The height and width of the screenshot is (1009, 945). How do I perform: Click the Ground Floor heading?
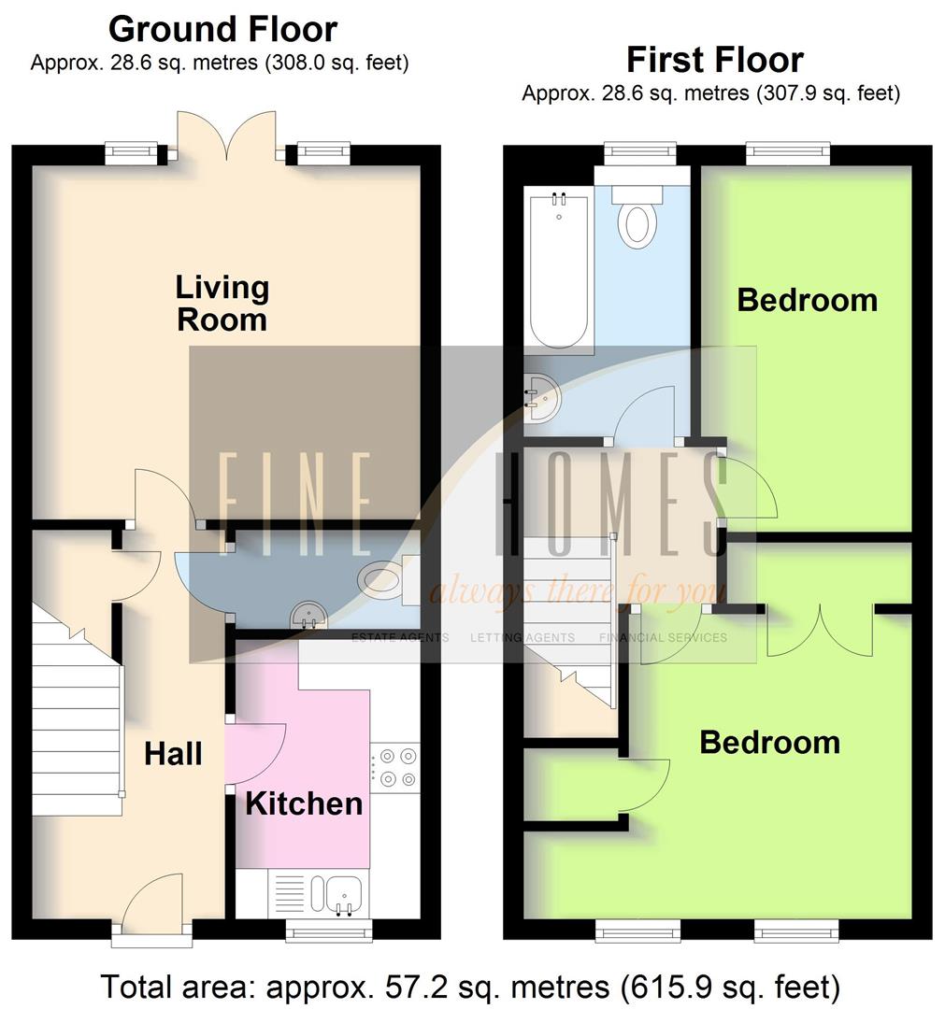[222, 30]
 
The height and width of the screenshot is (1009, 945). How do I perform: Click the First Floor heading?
[714, 60]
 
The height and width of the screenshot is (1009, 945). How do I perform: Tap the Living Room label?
[222, 304]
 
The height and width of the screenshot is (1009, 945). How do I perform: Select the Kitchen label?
[304, 803]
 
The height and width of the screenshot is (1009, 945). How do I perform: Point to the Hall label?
[173, 753]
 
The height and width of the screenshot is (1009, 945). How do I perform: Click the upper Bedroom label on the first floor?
[807, 300]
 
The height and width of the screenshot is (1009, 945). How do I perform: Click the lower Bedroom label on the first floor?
[769, 743]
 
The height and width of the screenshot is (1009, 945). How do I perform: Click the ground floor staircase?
[77, 719]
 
